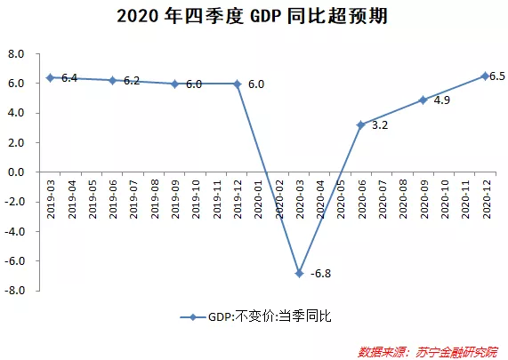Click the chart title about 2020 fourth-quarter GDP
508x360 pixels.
pos(254,17)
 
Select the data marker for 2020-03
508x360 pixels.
pos(299,273)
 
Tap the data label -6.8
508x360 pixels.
pos(319,273)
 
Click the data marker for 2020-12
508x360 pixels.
pos(485,76)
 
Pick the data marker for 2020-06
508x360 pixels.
pos(361,125)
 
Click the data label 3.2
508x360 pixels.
pos(380,125)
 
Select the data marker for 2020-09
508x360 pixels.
pos(423,100)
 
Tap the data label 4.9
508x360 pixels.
pos(442,101)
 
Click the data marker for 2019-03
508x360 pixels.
pos(51,77)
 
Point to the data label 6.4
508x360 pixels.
pos(69,78)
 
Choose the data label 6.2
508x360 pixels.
pos(132,81)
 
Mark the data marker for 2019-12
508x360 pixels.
pos(237,84)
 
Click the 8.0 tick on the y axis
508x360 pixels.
pos(15,53)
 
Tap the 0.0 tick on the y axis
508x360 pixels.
pos(15,172)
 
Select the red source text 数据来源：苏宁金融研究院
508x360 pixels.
pos(429,350)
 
